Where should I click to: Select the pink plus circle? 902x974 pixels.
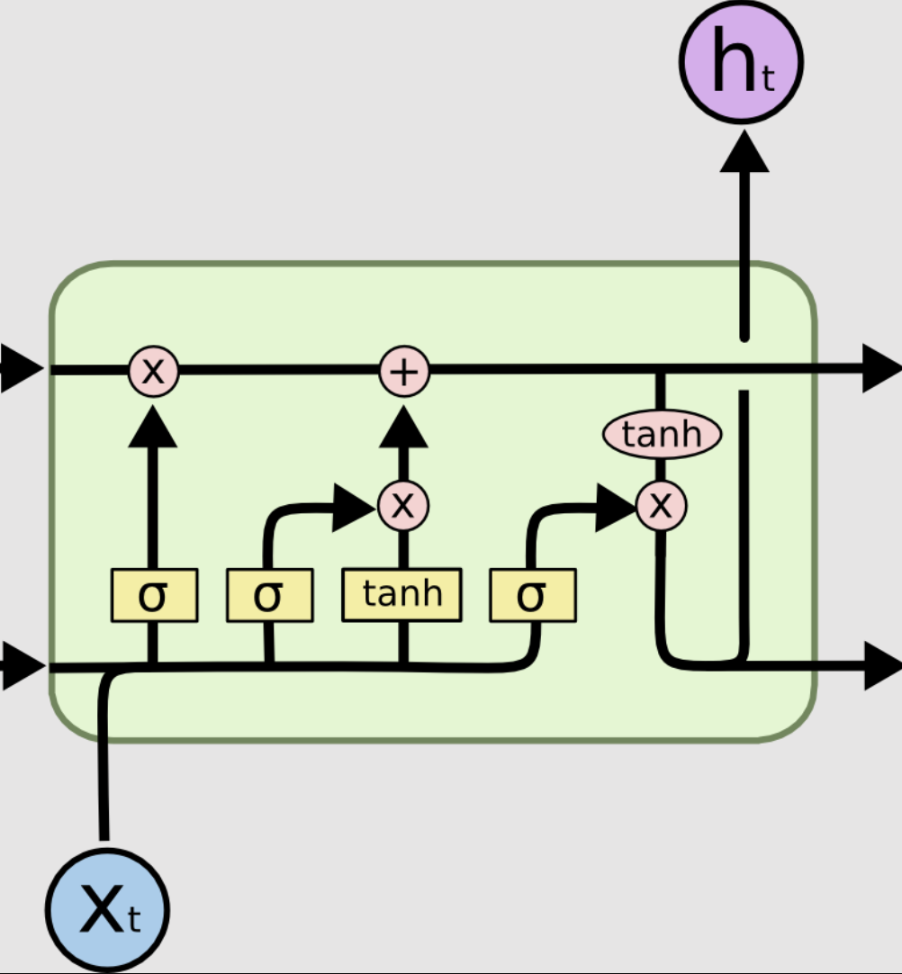(x=404, y=371)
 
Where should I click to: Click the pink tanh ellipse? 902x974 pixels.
(x=662, y=435)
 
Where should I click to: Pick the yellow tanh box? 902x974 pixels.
(x=401, y=595)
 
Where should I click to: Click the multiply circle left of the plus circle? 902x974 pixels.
(x=154, y=371)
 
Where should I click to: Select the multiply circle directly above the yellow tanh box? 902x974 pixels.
(x=403, y=506)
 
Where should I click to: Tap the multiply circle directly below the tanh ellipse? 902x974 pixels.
(x=662, y=506)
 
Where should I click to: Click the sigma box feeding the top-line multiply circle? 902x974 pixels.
(x=154, y=595)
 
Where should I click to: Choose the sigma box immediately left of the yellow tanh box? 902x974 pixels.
(x=269, y=595)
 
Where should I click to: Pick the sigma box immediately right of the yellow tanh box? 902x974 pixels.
(x=532, y=595)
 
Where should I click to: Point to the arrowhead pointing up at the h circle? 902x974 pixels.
(x=744, y=151)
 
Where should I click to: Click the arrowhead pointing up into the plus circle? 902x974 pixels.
(x=404, y=428)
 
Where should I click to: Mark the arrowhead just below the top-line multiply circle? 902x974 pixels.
(x=153, y=428)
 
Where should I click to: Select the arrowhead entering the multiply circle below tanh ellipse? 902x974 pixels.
(x=615, y=508)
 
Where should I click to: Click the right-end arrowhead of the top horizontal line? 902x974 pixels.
(x=880, y=369)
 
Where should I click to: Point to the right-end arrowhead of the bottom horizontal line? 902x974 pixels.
(x=880, y=666)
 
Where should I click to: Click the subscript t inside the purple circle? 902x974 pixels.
(x=767, y=80)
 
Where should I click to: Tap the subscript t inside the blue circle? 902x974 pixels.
(x=134, y=920)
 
